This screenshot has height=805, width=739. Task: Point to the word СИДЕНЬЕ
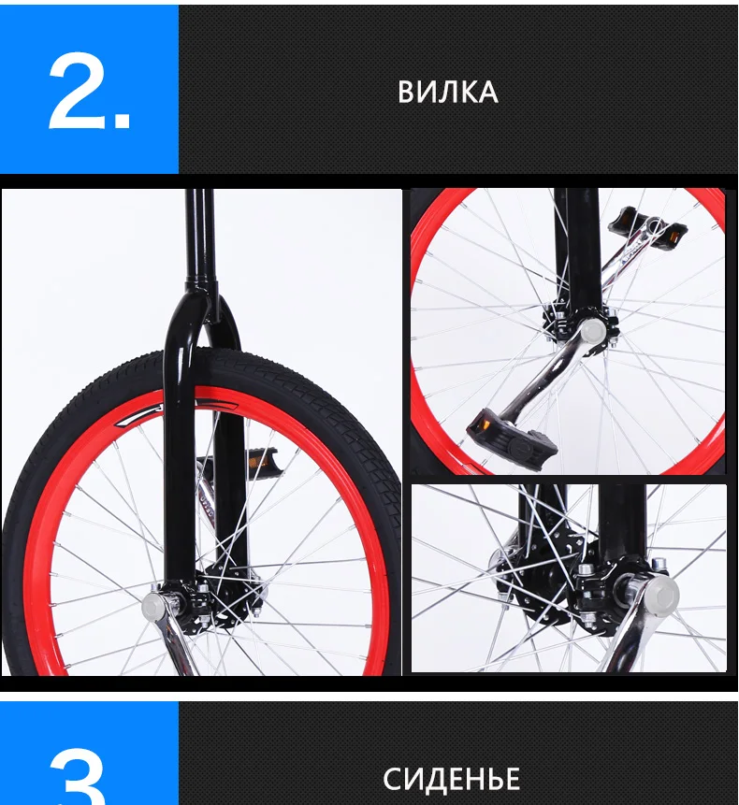pos(451,779)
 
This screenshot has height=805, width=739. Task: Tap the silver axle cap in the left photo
pos(152,606)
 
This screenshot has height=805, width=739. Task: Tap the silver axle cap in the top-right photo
pos(591,330)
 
